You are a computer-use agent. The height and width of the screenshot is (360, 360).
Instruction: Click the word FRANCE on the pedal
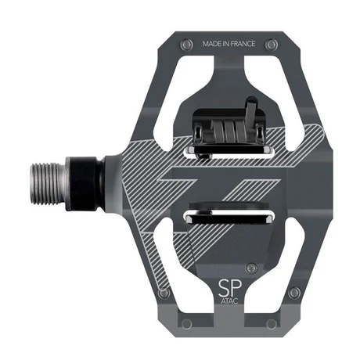click(x=243, y=44)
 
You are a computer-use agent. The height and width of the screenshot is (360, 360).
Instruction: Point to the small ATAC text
click(x=229, y=301)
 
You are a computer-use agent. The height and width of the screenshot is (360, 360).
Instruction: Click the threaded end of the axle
click(x=48, y=183)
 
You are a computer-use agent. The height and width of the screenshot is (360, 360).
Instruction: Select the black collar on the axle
click(x=84, y=183)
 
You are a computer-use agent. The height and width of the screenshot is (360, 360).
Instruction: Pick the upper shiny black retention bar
click(x=229, y=150)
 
